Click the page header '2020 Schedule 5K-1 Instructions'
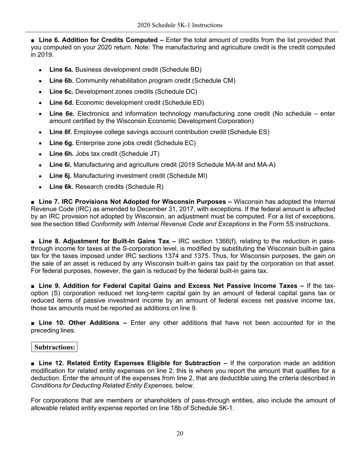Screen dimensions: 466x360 point(180,25)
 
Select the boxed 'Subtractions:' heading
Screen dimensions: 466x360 point(55,347)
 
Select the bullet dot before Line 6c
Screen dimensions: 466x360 point(40,92)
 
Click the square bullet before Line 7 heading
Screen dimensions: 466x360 point(33,202)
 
